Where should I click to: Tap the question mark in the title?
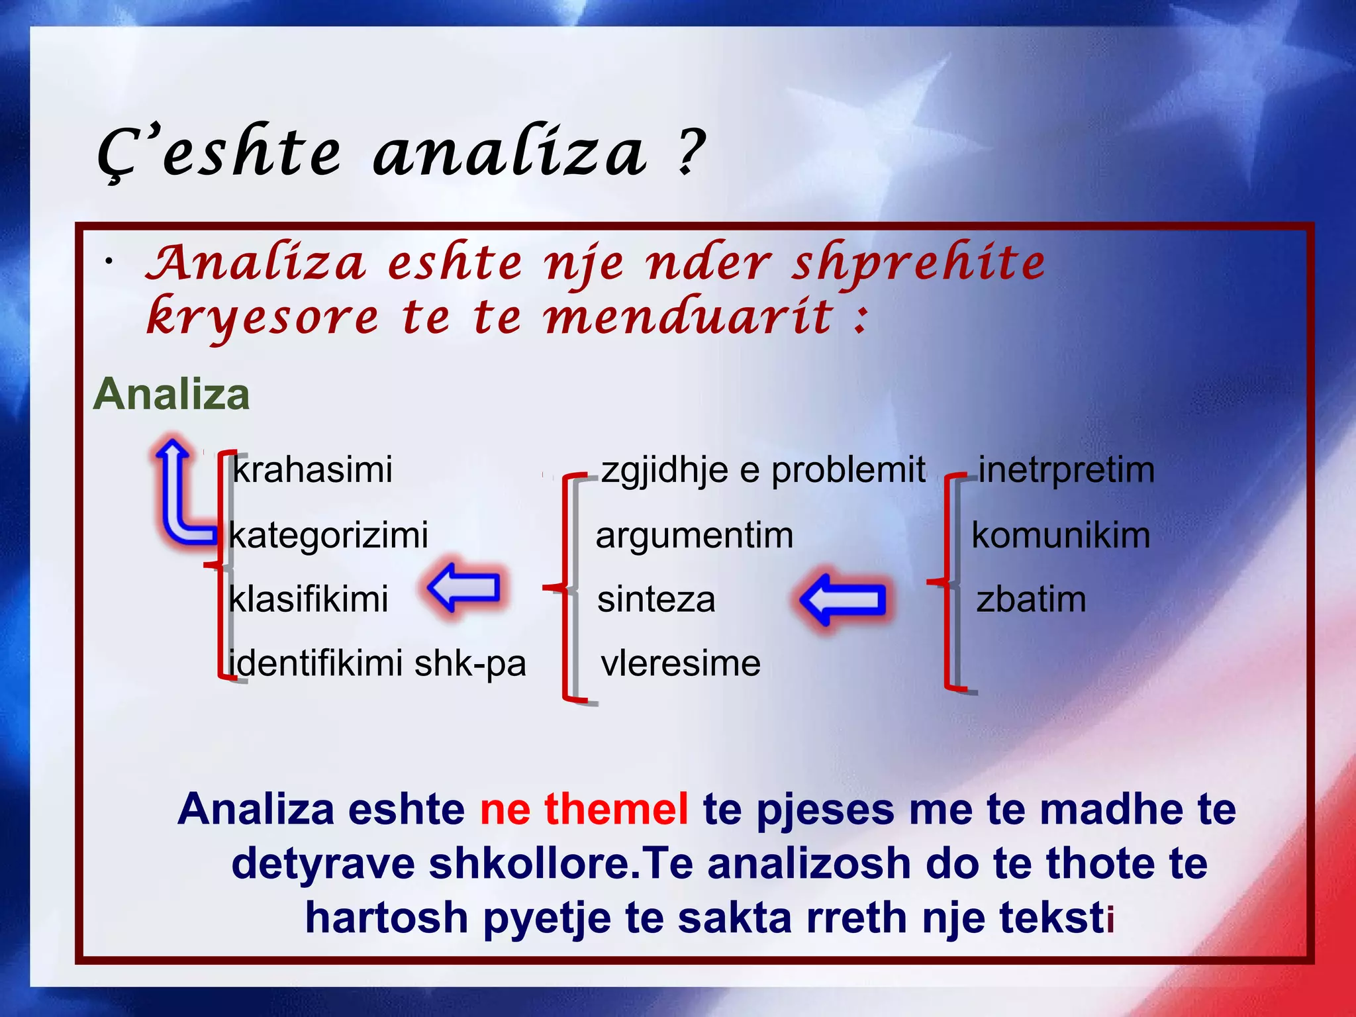coord(691,152)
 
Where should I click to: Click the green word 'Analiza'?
coord(171,395)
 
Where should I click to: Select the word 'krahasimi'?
coord(313,470)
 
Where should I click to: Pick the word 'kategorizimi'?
coord(329,535)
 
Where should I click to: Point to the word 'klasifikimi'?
coord(309,599)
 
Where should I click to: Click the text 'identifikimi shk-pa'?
coord(377,663)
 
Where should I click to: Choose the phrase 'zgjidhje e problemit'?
coord(763,470)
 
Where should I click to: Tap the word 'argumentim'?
coord(694,535)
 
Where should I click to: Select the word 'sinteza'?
coord(656,599)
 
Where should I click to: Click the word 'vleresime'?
coord(681,663)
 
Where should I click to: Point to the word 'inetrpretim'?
coord(1066,470)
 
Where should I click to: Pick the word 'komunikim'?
coord(1061,535)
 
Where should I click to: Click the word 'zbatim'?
coord(1031,599)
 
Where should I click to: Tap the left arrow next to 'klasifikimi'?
coord(464,587)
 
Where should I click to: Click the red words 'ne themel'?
coord(584,809)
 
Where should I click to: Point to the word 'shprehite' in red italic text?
coord(919,264)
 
